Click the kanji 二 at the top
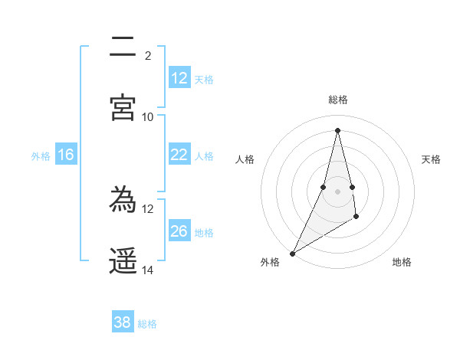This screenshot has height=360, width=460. pos(123,47)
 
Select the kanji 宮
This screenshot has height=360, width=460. pos(123,107)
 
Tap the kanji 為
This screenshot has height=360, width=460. pos(123,200)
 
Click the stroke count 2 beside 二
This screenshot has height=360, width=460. pos(148,55)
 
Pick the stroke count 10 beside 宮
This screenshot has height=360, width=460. pos(148,116)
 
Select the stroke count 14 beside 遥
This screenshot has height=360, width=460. pos(148,270)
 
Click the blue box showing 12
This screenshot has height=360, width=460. pos(179,78)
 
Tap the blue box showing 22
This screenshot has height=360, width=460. pos(179,155)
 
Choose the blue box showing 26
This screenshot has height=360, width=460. pos(179,231)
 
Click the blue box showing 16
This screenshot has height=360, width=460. pos(66,155)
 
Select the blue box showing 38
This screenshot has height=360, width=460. pos(123,322)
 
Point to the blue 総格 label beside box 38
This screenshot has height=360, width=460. pos(147,324)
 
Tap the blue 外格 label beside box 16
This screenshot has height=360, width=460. pos(41,156)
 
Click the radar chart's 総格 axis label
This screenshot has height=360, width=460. pos(337,100)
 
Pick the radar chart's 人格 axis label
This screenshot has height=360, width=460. pos(245,159)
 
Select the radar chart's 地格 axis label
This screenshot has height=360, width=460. pos(402,262)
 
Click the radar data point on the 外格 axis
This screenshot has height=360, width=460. pos(292,253)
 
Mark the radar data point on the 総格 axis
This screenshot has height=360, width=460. pos(337,130)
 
